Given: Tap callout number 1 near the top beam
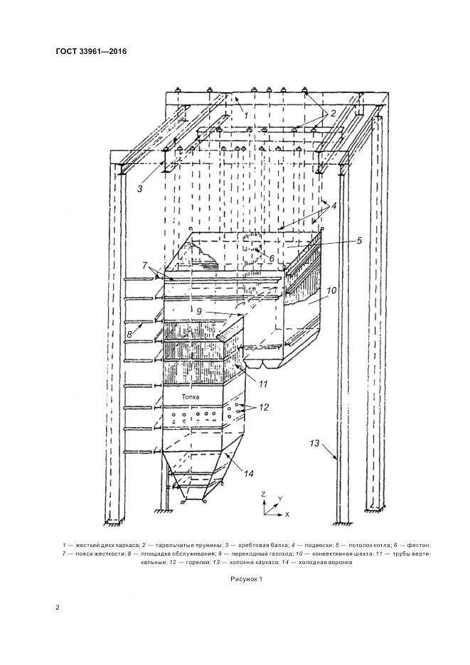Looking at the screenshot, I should (245, 115).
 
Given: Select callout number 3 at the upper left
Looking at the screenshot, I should (140, 189).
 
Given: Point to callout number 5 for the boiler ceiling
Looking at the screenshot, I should (359, 240).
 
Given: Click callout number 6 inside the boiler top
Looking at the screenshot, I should (271, 259).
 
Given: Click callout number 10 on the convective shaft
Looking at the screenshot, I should (330, 291).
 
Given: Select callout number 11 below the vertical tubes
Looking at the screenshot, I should (263, 384).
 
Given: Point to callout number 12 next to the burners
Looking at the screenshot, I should (264, 408).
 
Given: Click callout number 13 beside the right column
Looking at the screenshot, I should (315, 443).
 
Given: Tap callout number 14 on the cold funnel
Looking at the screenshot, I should (248, 472).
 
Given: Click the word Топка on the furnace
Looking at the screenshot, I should (191, 397).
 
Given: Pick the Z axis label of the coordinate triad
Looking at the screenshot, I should (263, 493).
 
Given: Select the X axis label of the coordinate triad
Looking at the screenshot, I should (287, 513).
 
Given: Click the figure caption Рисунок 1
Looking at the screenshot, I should (247, 579).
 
